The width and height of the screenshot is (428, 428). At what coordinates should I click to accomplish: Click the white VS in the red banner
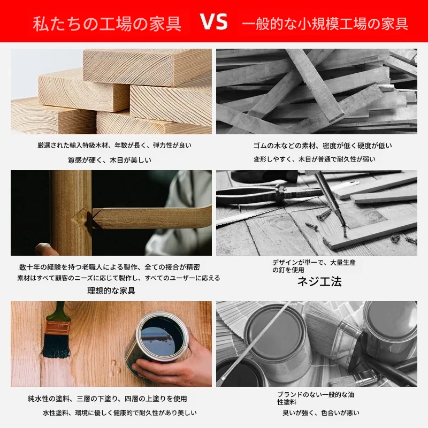(213, 21)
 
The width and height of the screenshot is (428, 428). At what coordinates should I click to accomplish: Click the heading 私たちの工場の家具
(107, 24)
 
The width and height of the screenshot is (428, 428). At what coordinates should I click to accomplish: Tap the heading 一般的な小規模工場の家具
(325, 24)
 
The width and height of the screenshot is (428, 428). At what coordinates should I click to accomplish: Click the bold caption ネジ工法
(319, 281)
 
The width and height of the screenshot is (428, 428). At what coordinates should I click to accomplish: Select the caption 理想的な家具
(111, 291)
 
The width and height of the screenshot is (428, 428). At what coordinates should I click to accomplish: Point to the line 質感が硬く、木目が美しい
(110, 159)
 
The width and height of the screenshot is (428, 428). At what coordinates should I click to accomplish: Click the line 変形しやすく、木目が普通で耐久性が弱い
(315, 159)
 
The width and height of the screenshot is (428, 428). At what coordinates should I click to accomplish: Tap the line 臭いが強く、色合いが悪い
(320, 412)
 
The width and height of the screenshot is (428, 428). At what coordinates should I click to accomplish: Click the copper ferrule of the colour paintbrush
(58, 328)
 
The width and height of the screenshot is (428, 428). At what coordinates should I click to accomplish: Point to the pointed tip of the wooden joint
(72, 219)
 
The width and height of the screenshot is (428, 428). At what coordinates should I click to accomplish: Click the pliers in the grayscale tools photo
(262, 193)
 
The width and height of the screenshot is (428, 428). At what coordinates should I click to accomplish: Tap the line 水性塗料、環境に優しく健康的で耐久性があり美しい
(119, 412)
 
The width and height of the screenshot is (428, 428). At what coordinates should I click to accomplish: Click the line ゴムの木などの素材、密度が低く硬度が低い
(323, 146)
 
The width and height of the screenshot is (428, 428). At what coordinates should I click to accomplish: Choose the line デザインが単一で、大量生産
(314, 262)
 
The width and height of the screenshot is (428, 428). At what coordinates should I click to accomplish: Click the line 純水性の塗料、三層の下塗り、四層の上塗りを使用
(108, 399)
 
